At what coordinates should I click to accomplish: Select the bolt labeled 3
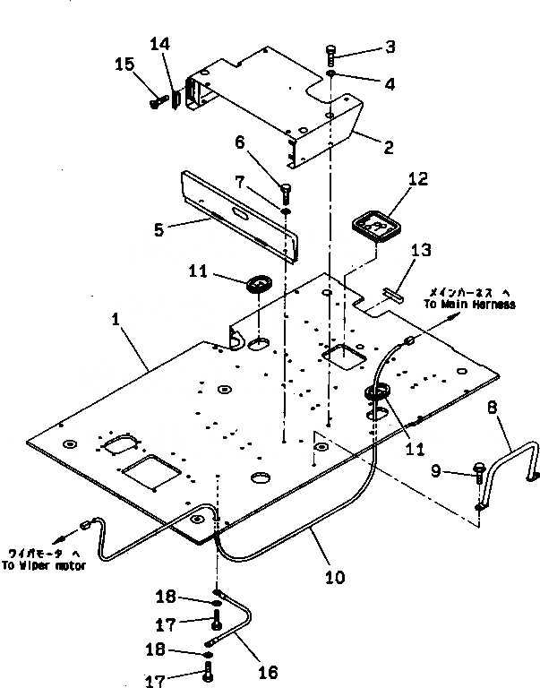(330, 52)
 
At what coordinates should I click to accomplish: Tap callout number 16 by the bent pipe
(267, 672)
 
